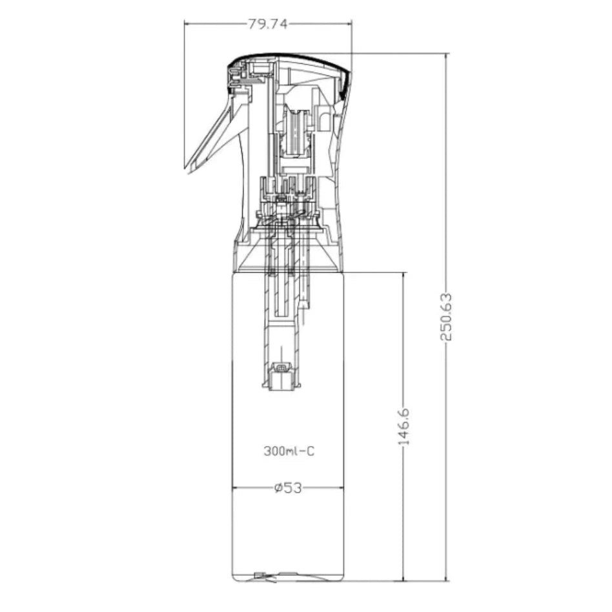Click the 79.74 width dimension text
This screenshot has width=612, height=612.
(x=267, y=24)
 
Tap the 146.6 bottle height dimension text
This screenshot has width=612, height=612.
(x=404, y=427)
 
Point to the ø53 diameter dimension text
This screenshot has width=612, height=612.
(x=288, y=488)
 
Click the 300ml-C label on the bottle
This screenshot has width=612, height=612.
(x=289, y=452)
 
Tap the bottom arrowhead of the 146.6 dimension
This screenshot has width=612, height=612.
(x=404, y=578)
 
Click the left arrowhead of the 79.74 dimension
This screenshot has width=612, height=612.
(x=188, y=24)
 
